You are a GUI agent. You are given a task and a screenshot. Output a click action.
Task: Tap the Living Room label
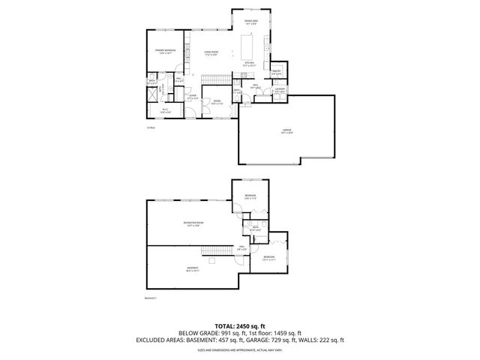[x=210, y=52]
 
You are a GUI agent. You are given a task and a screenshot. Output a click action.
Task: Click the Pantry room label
[x=276, y=73]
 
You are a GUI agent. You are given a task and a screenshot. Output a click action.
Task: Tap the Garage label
[x=286, y=133]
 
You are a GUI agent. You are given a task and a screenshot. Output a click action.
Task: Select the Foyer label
[x=192, y=97]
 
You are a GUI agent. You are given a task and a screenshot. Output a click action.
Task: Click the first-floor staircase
[x=216, y=81]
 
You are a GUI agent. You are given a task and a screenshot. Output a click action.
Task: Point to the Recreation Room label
[x=194, y=224]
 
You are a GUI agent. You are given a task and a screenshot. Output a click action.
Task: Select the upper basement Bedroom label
[x=250, y=197]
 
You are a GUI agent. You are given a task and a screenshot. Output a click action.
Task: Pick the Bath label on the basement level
[x=255, y=229]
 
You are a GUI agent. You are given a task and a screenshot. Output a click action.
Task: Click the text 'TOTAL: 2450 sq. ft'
[x=239, y=325]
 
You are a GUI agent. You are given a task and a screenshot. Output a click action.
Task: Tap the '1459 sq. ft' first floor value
[x=284, y=332]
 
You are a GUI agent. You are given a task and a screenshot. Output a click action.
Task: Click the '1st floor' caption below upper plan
[x=151, y=128]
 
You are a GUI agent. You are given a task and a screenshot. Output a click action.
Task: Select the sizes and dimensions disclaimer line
[x=239, y=349]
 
